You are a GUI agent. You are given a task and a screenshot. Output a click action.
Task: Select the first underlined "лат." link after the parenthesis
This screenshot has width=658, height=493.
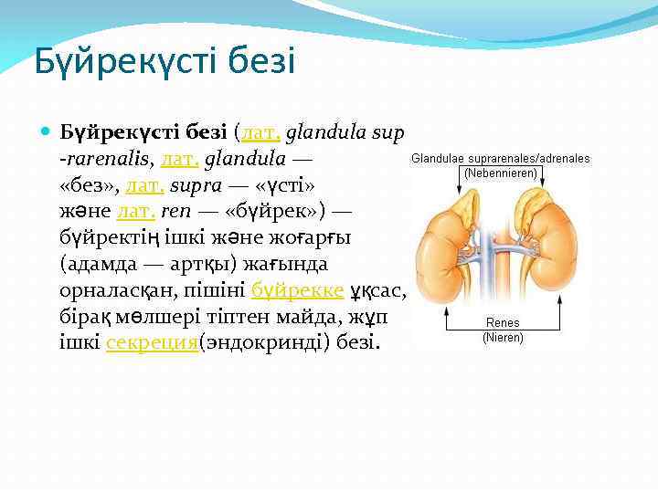pos(260,133)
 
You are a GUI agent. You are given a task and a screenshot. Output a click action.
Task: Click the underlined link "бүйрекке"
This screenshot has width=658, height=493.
pos(298,290)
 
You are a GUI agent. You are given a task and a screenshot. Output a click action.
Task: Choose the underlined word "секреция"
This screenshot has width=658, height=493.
pos(152,343)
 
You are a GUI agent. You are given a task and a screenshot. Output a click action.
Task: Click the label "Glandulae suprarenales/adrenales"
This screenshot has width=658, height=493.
pos(501,158)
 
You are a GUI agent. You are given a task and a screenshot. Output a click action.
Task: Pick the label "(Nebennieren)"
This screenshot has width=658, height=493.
pos(501,172)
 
